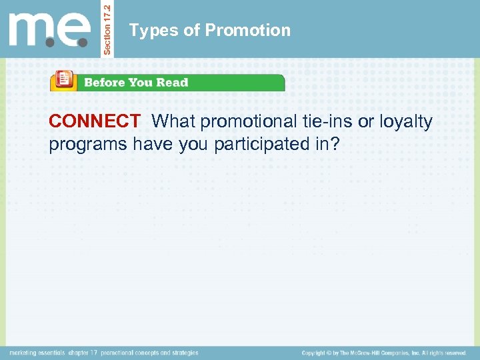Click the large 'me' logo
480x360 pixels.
[49, 30]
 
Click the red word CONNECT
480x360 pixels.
[94, 121]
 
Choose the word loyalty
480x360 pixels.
[406, 122]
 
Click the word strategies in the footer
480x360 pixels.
[183, 353]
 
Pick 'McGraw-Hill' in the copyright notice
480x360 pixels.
[373, 353]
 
